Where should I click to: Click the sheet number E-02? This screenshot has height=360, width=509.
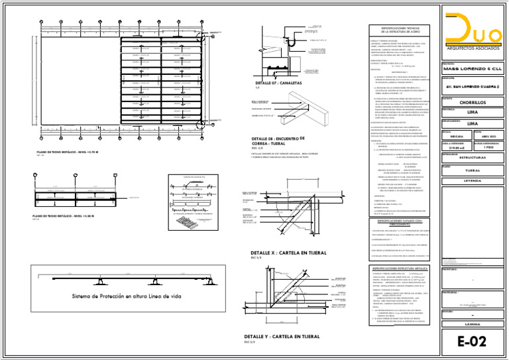click(x=473, y=341)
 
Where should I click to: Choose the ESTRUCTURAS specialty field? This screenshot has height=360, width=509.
click(x=473, y=158)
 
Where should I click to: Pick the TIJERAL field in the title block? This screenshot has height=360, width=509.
click(x=473, y=170)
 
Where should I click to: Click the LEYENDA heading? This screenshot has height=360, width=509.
click(x=473, y=180)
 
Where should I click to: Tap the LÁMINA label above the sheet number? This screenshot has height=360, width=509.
click(x=473, y=324)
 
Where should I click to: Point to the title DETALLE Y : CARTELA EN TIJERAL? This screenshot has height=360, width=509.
click(x=286, y=337)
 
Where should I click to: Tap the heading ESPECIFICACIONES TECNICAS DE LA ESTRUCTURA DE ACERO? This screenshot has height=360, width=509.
click(x=402, y=29)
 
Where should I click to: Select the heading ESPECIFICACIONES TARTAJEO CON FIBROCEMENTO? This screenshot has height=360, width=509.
click(x=402, y=221)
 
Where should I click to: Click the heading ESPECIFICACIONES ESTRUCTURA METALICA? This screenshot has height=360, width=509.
click(x=402, y=269)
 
